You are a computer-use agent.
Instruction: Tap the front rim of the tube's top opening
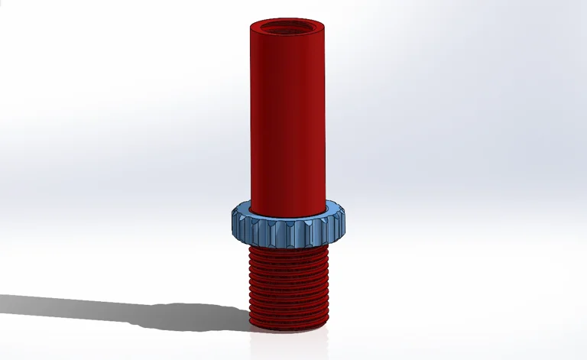(x=287, y=34)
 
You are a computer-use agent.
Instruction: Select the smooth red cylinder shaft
(x=287, y=115)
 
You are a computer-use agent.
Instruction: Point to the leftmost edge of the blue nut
(x=230, y=222)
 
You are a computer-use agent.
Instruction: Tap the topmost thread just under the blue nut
(x=288, y=252)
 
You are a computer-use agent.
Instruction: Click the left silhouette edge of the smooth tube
(x=248, y=115)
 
